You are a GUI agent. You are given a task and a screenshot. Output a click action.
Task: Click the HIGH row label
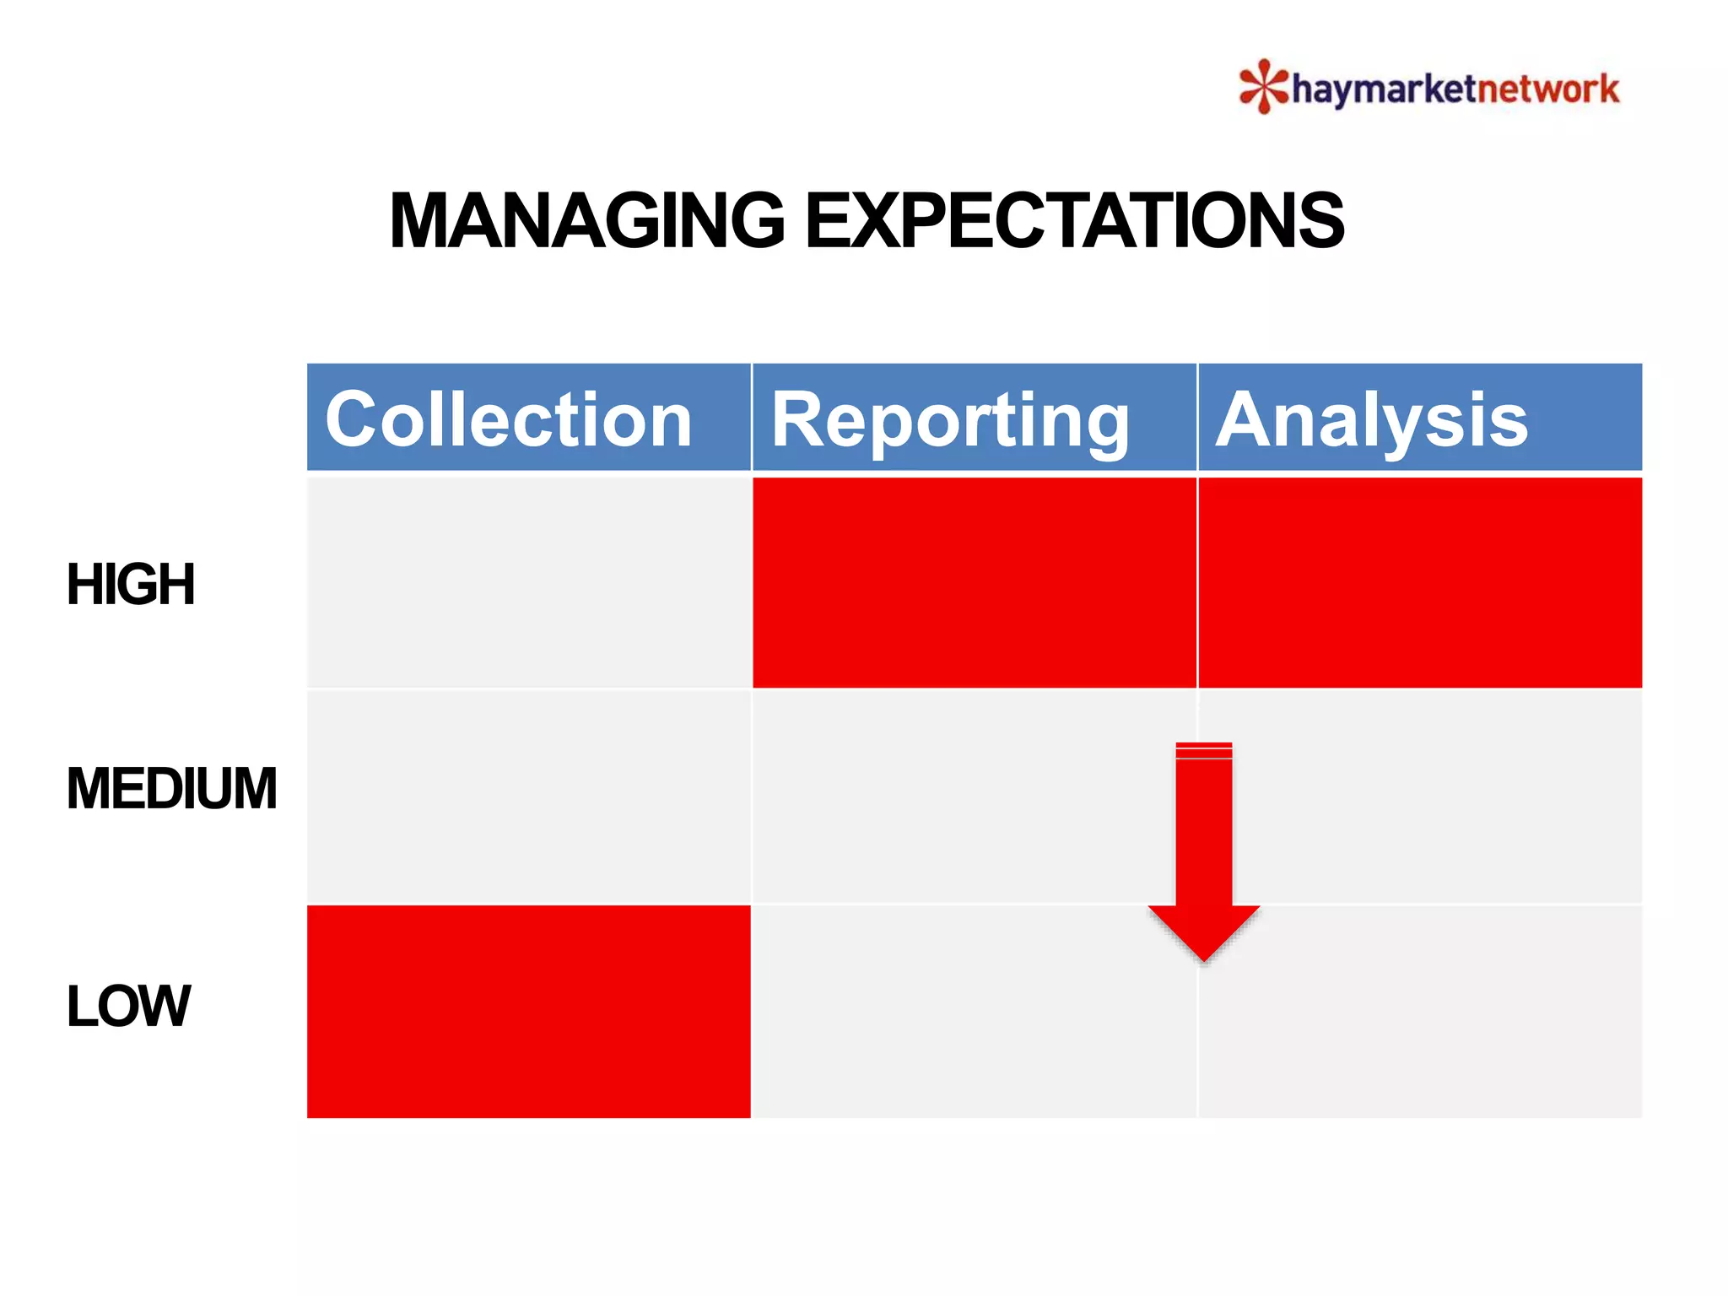click(131, 584)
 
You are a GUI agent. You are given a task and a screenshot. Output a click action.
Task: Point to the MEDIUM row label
click(171, 788)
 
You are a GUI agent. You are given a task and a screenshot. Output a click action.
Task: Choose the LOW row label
click(128, 1006)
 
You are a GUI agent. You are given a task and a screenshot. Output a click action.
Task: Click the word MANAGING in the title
click(587, 220)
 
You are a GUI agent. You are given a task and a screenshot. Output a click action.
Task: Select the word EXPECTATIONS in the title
click(1074, 220)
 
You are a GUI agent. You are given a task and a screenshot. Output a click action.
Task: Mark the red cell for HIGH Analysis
click(1419, 582)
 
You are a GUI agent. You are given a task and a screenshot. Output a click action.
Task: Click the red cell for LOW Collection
click(527, 1011)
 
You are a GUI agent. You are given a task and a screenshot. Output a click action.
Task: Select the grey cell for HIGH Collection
click(527, 582)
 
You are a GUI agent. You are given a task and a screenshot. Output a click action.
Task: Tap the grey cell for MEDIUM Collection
click(527, 796)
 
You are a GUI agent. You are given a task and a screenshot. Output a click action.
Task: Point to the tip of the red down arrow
click(1204, 958)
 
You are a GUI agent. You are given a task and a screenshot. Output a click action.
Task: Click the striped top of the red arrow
click(1204, 750)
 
